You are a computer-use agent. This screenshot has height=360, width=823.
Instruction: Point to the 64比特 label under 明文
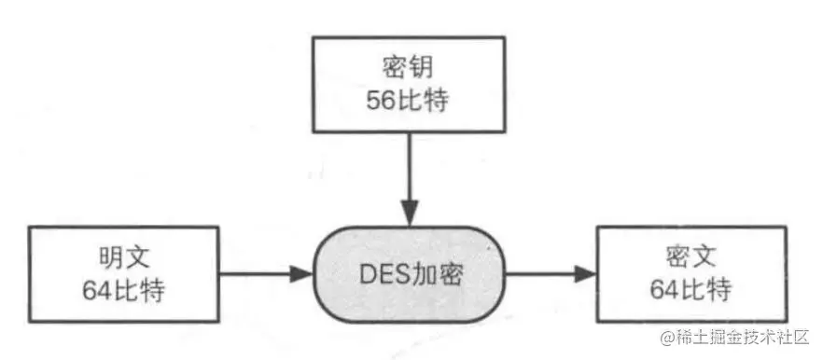(x=124, y=290)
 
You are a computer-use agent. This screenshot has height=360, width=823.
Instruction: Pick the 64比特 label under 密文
(x=691, y=290)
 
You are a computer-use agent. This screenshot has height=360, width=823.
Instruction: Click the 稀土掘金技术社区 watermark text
(x=747, y=337)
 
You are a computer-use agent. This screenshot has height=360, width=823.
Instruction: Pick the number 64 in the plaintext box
(x=97, y=290)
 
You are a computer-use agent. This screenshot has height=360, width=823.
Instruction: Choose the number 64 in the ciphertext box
(x=664, y=290)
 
